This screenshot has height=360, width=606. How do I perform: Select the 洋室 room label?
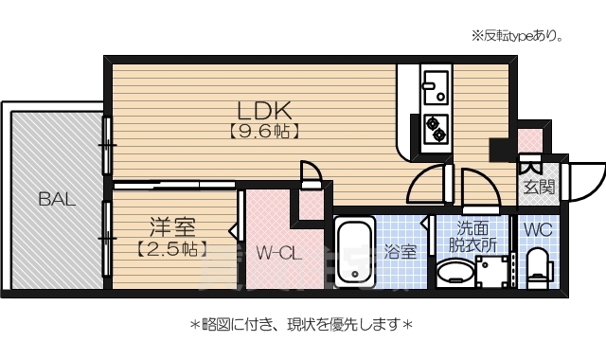coord(171,227)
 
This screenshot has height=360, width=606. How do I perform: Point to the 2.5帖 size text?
coord(171,250)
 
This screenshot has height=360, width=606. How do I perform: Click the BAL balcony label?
coord(57,199)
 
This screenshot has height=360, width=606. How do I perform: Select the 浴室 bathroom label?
coord(400,252)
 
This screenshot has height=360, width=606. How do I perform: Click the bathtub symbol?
coord(355,252)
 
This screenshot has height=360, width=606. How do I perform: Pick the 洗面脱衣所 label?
coord(472,236)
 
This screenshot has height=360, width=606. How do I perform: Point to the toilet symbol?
coord(537,265)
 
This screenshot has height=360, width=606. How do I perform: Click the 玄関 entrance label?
coord(538,186)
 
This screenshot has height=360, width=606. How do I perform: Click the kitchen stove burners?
coord(437,128)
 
